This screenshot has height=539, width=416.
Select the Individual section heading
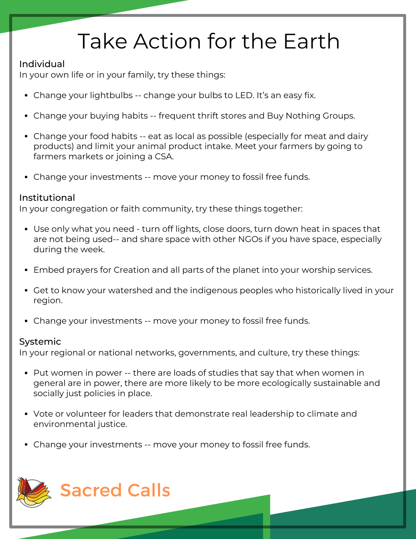tap(42, 64)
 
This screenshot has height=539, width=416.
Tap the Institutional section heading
tap(47, 198)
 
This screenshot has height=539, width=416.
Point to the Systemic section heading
tap(40, 341)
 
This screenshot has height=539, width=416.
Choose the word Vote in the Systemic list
tap(43, 414)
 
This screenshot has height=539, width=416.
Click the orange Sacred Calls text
tap(115, 490)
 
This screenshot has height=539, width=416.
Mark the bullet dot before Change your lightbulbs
tap(26, 96)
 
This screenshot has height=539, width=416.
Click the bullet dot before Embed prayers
tap(26, 270)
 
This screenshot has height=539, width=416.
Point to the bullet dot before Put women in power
tap(26, 373)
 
